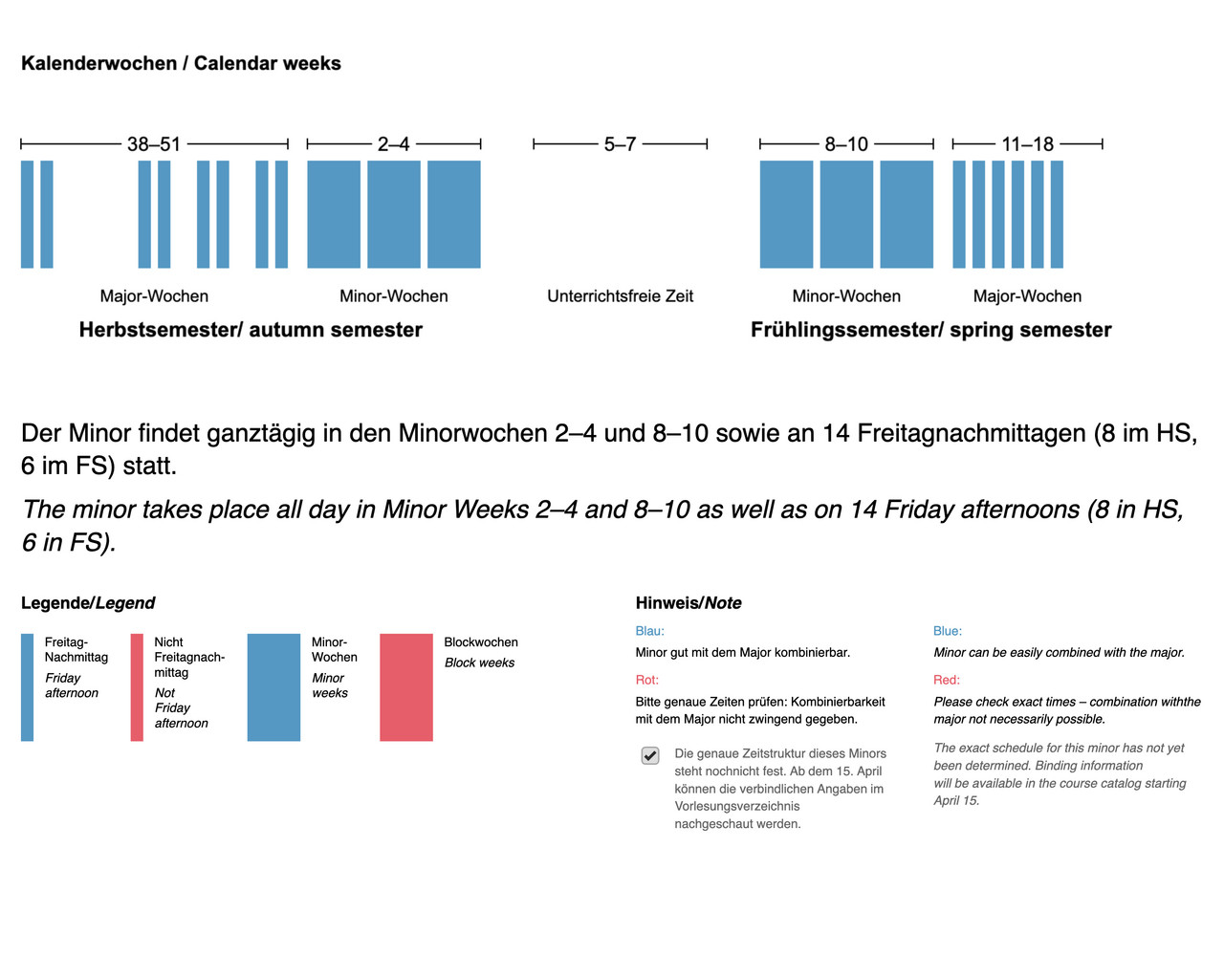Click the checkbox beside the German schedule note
pyautogui.click(x=650, y=755)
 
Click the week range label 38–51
pyautogui.click(x=154, y=144)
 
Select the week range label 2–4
pyautogui.click(x=393, y=144)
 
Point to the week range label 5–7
pyautogui.click(x=620, y=144)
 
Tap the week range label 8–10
pyautogui.click(x=846, y=144)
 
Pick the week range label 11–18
pyautogui.click(x=1027, y=144)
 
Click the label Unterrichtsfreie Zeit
pyautogui.click(x=620, y=296)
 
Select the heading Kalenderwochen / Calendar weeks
pyautogui.click(x=181, y=63)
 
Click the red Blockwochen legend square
pyautogui.click(x=406, y=687)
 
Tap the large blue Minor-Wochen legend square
pyautogui.click(x=273, y=687)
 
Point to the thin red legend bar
pyautogui.click(x=137, y=687)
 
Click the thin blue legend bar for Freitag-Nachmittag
pyautogui.click(x=27, y=687)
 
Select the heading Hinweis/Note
pyautogui.click(x=688, y=603)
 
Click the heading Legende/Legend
pyautogui.click(x=88, y=603)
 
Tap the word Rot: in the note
pyautogui.click(x=647, y=680)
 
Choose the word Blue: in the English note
pyautogui.click(x=948, y=631)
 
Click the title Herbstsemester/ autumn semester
pyautogui.click(x=251, y=330)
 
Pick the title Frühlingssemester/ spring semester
pyautogui.click(x=930, y=330)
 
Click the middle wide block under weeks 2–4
pyautogui.click(x=394, y=214)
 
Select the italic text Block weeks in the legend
pyautogui.click(x=479, y=663)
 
